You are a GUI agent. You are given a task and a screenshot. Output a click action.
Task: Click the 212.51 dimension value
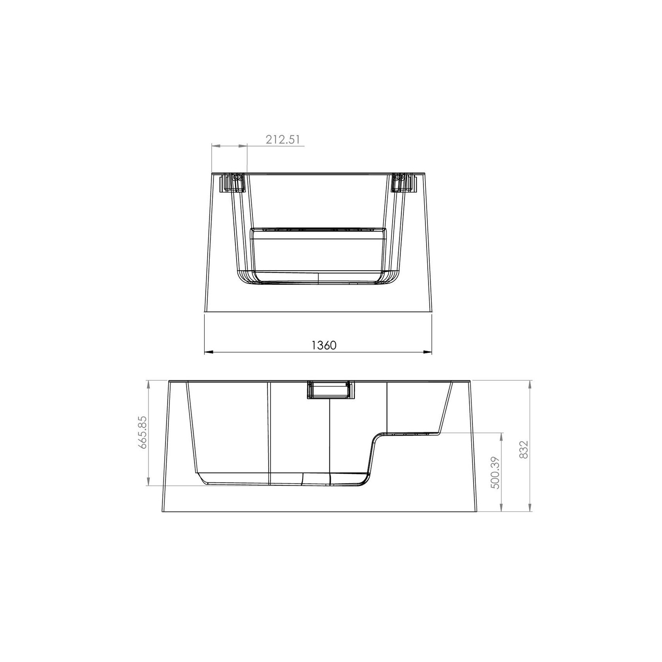click(x=283, y=139)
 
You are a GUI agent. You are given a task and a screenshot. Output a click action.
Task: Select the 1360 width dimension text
click(x=324, y=345)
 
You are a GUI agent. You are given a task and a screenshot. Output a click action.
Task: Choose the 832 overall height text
click(x=523, y=449)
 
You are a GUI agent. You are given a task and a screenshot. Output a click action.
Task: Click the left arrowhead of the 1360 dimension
click(x=209, y=352)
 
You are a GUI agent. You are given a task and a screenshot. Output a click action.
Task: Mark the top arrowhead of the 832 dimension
click(x=530, y=385)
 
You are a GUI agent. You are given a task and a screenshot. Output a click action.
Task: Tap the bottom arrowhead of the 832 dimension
click(x=530, y=507)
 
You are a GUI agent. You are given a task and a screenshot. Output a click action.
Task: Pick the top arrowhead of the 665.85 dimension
click(x=148, y=385)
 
